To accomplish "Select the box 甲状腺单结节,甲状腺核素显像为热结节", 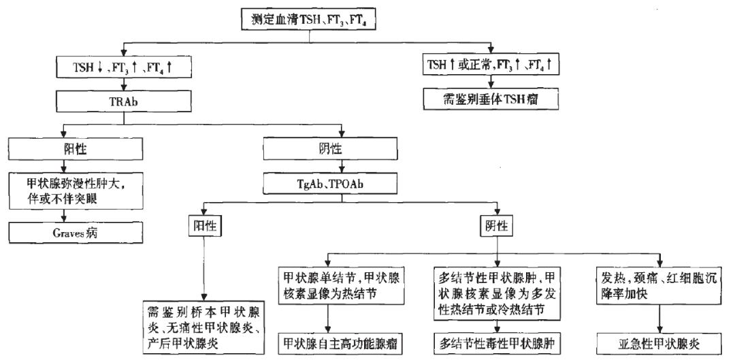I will pos(330,286).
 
